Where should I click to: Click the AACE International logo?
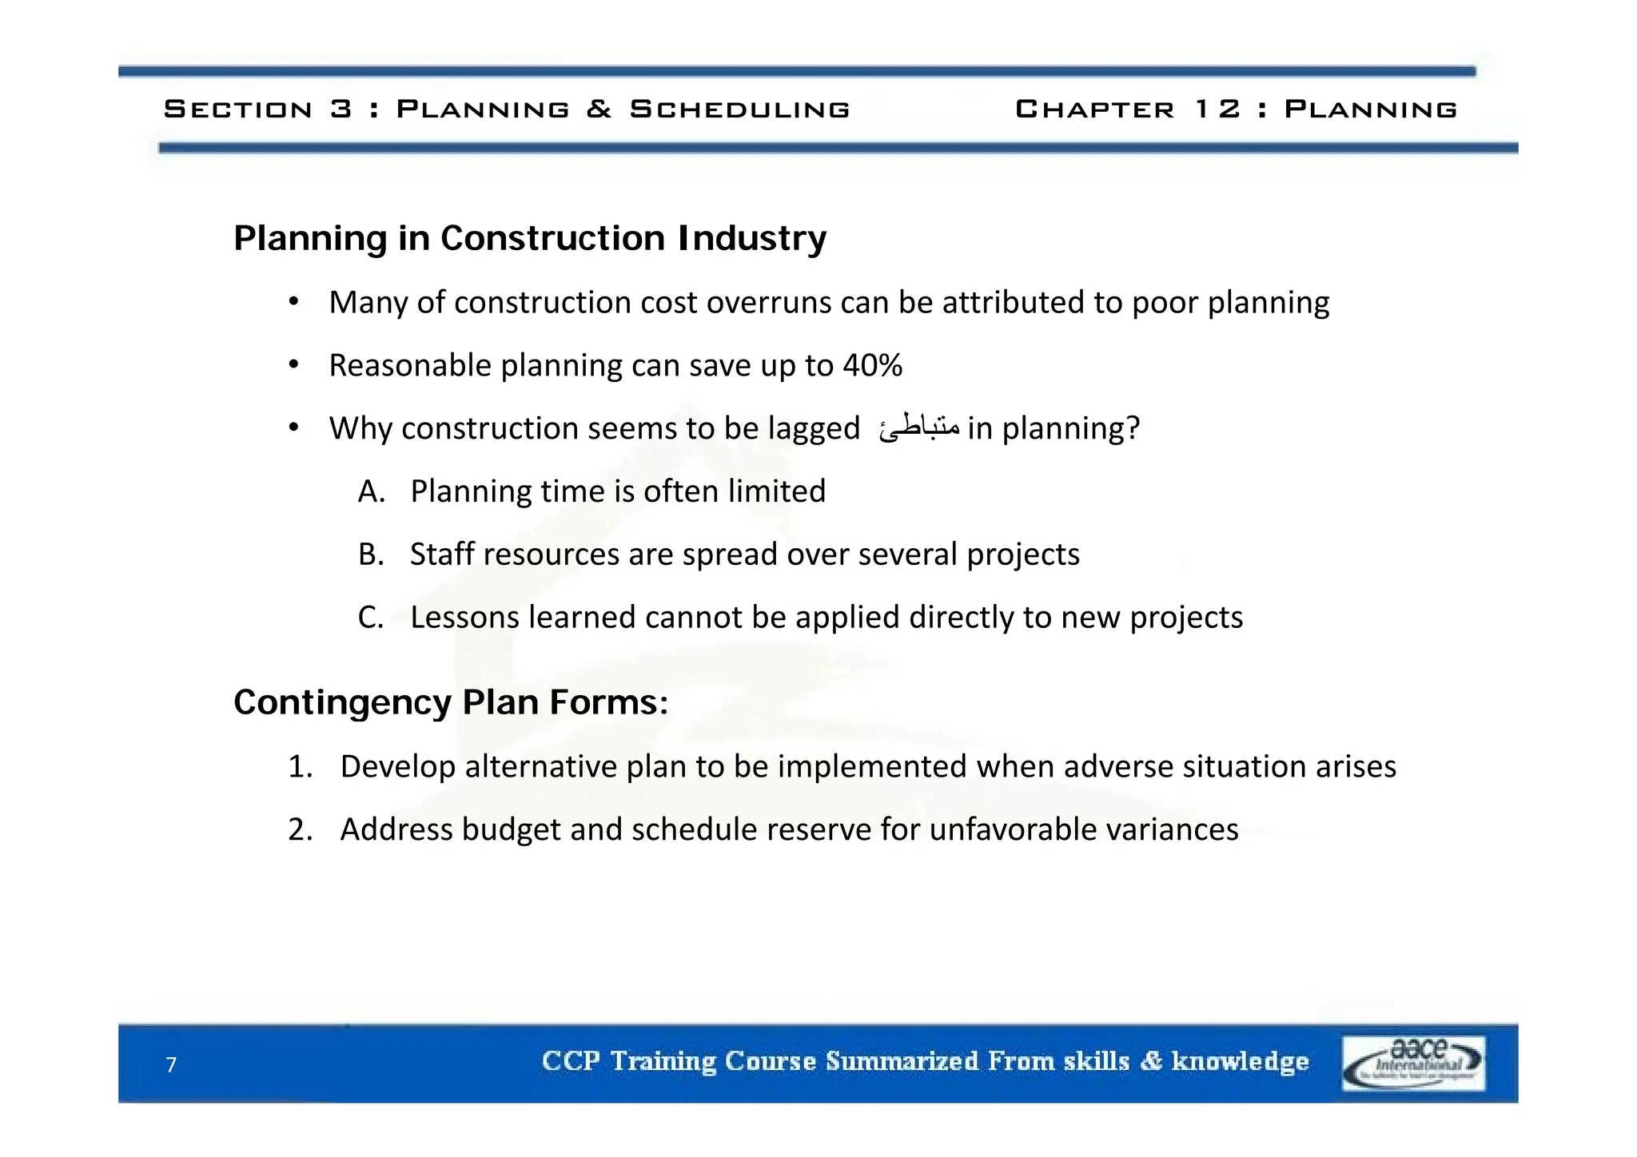(1412, 1063)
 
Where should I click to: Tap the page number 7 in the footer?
(171, 1064)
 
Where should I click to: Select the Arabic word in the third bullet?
(918, 428)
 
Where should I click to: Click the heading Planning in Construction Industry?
(529, 238)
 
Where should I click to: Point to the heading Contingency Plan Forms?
(450, 702)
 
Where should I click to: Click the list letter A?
(371, 491)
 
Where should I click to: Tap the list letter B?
(371, 555)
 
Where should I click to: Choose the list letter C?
(371, 618)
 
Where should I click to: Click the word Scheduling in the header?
(739, 109)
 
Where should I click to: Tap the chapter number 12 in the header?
(1217, 109)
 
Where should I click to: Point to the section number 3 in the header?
(341, 109)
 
